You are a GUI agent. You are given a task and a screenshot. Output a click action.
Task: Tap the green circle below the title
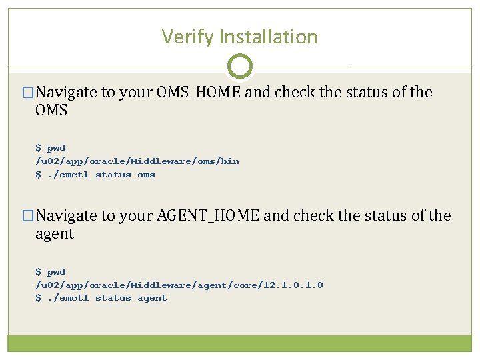coord(240,67)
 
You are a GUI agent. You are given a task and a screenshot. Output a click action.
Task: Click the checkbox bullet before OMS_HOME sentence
coord(27,93)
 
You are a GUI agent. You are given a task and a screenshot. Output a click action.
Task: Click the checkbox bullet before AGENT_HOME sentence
coord(27,216)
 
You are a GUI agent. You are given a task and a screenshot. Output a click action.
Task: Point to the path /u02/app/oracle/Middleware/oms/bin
coord(137,161)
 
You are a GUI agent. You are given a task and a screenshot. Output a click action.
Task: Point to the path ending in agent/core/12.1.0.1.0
coord(179,285)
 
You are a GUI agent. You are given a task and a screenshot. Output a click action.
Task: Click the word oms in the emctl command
coord(146,175)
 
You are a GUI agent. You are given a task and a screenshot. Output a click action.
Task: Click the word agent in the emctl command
coord(152,298)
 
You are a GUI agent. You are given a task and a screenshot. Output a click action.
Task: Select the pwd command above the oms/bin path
coord(56,148)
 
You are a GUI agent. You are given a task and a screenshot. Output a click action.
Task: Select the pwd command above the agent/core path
coord(56,271)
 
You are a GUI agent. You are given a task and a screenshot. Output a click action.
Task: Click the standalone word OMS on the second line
coord(51,110)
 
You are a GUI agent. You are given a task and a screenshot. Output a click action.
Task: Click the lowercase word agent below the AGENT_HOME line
coord(55,233)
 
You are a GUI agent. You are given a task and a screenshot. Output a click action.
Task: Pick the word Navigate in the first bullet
coord(66,92)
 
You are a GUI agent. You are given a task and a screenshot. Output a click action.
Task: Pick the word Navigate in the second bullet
coord(66,215)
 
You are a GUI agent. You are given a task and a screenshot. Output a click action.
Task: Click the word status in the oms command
coord(113,175)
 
